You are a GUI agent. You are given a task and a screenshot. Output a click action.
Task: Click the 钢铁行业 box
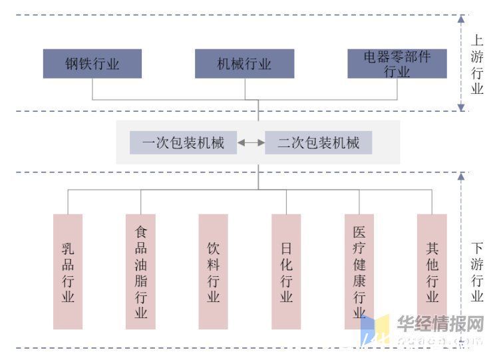pos(92,64)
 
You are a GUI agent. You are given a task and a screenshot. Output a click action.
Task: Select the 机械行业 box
pos(244,64)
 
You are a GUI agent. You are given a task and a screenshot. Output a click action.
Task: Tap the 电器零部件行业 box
pos(397,64)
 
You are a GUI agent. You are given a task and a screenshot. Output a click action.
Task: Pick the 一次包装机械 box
pos(183,142)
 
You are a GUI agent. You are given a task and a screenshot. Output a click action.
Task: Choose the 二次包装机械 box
pos(318,142)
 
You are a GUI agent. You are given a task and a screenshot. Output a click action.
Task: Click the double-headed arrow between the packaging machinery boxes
pos(251,142)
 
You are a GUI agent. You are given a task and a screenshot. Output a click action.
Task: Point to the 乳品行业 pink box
pos(68,271)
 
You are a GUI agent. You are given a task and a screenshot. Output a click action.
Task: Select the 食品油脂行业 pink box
pos(140,271)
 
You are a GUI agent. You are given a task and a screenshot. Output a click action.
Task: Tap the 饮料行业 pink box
pos(214,271)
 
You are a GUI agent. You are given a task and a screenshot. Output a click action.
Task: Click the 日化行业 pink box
pos(286,271)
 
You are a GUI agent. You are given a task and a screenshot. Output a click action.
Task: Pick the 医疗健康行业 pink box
pos(359,271)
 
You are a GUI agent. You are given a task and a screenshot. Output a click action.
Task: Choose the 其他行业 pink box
pos(432,271)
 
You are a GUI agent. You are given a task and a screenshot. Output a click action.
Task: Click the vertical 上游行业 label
pos(477,64)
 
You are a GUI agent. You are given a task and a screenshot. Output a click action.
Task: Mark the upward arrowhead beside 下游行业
pos(461,176)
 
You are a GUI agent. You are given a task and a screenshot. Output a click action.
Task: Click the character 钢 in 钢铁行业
pos(72,64)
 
